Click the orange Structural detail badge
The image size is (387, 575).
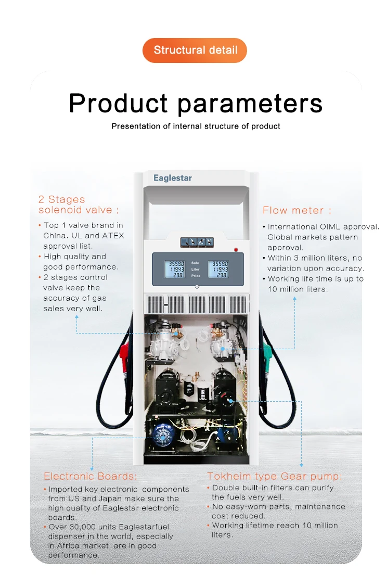pos(195,50)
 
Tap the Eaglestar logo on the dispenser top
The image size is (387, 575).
pos(173,178)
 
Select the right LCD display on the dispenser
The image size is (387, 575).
pos(218,269)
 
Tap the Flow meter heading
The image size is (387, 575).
pos(296,210)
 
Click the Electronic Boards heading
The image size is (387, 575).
pos(91,476)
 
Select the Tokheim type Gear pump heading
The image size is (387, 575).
pos(275,476)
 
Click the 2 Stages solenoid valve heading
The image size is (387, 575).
pos(79,205)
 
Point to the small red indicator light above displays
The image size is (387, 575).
pos(236,250)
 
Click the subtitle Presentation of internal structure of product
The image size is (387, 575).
pos(196,126)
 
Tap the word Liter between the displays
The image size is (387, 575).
pos(195,270)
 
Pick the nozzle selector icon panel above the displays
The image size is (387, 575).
pos(197,242)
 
